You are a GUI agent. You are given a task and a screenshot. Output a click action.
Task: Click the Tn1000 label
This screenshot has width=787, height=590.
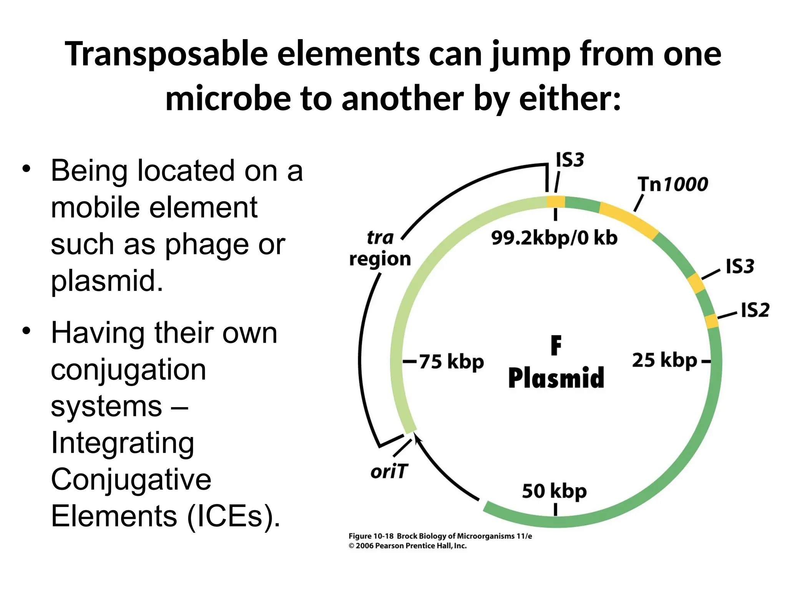pos(673,184)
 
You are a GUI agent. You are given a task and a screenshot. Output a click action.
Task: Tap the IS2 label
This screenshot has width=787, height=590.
pos(755,310)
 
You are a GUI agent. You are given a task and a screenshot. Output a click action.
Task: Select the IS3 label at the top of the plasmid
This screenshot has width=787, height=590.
pos(570,160)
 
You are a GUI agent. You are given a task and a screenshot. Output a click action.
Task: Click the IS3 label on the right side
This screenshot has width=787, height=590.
pos(740,266)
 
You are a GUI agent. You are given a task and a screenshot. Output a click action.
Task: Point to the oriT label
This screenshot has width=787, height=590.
pos(389,471)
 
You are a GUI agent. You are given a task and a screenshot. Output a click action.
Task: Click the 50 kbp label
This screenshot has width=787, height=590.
pos(554,491)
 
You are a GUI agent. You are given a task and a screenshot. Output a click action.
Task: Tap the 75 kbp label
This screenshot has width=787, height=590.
pos(451,362)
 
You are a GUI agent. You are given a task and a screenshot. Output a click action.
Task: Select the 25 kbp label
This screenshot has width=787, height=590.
pos(664,360)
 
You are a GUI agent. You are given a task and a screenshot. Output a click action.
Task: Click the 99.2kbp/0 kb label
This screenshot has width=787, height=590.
pos(554,238)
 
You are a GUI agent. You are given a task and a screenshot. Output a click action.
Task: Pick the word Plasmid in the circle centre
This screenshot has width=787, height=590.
pos(556,378)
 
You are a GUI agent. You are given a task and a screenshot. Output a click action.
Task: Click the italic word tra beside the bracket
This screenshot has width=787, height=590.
pos(380,237)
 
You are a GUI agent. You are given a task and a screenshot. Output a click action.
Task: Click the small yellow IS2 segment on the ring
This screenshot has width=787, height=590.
pos(712,321)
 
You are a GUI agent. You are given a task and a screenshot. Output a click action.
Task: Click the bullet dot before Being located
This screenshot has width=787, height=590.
pos(26,169)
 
